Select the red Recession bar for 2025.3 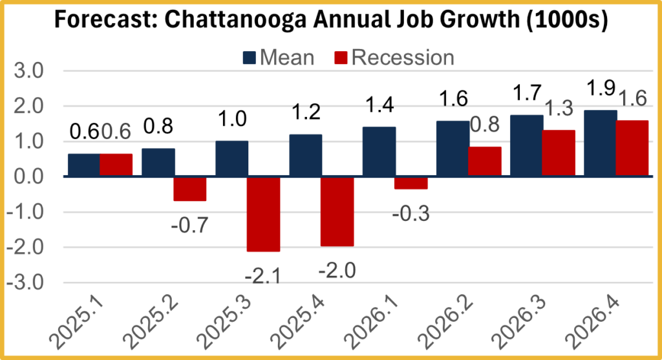(x=264, y=214)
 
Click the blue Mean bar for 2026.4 (x=600, y=143)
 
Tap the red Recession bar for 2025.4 (x=337, y=211)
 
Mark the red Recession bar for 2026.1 (x=411, y=183)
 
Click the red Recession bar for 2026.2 (x=484, y=162)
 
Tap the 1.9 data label (x=601, y=88)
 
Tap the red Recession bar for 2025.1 (x=116, y=165)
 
